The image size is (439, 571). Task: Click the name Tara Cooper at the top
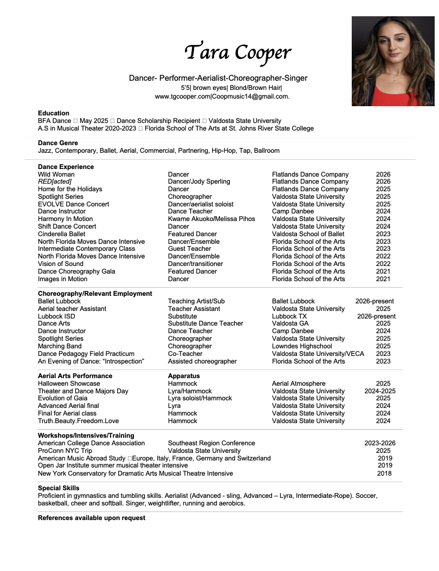(238, 52)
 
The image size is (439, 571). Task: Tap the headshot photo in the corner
(392, 61)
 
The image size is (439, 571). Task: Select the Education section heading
(54, 113)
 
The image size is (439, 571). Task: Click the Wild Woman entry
(56, 174)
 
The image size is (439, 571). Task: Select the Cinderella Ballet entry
(62, 234)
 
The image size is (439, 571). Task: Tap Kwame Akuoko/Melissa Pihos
(211, 219)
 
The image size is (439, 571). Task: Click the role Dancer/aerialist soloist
(201, 204)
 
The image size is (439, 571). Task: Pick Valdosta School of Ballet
(308, 234)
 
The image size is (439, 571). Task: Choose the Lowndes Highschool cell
(302, 346)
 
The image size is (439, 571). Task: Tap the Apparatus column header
(184, 375)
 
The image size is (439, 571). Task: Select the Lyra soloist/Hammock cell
(200, 398)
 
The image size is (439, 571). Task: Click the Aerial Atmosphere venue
(299, 384)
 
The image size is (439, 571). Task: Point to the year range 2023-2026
(380, 443)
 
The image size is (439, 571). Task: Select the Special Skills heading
(59, 488)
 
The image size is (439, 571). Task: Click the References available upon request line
(92, 518)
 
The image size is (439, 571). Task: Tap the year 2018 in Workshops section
(384, 473)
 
